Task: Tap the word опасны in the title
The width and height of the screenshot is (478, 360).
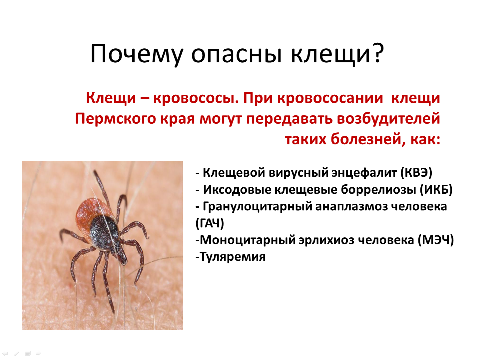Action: pos(237,54)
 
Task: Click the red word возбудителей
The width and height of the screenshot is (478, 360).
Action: pos(388,119)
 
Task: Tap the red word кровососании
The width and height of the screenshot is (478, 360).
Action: pos(330,98)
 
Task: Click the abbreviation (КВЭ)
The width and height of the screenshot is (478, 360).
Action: pos(416,173)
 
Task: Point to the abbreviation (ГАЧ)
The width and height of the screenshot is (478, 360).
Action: pos(210,223)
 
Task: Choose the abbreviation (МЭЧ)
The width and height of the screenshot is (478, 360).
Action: pos(436,240)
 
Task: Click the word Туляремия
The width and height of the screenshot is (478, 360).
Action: pos(233,257)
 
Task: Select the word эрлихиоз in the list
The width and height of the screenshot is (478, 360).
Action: pos(326,240)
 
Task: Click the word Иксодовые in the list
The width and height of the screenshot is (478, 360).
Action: pos(237,190)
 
